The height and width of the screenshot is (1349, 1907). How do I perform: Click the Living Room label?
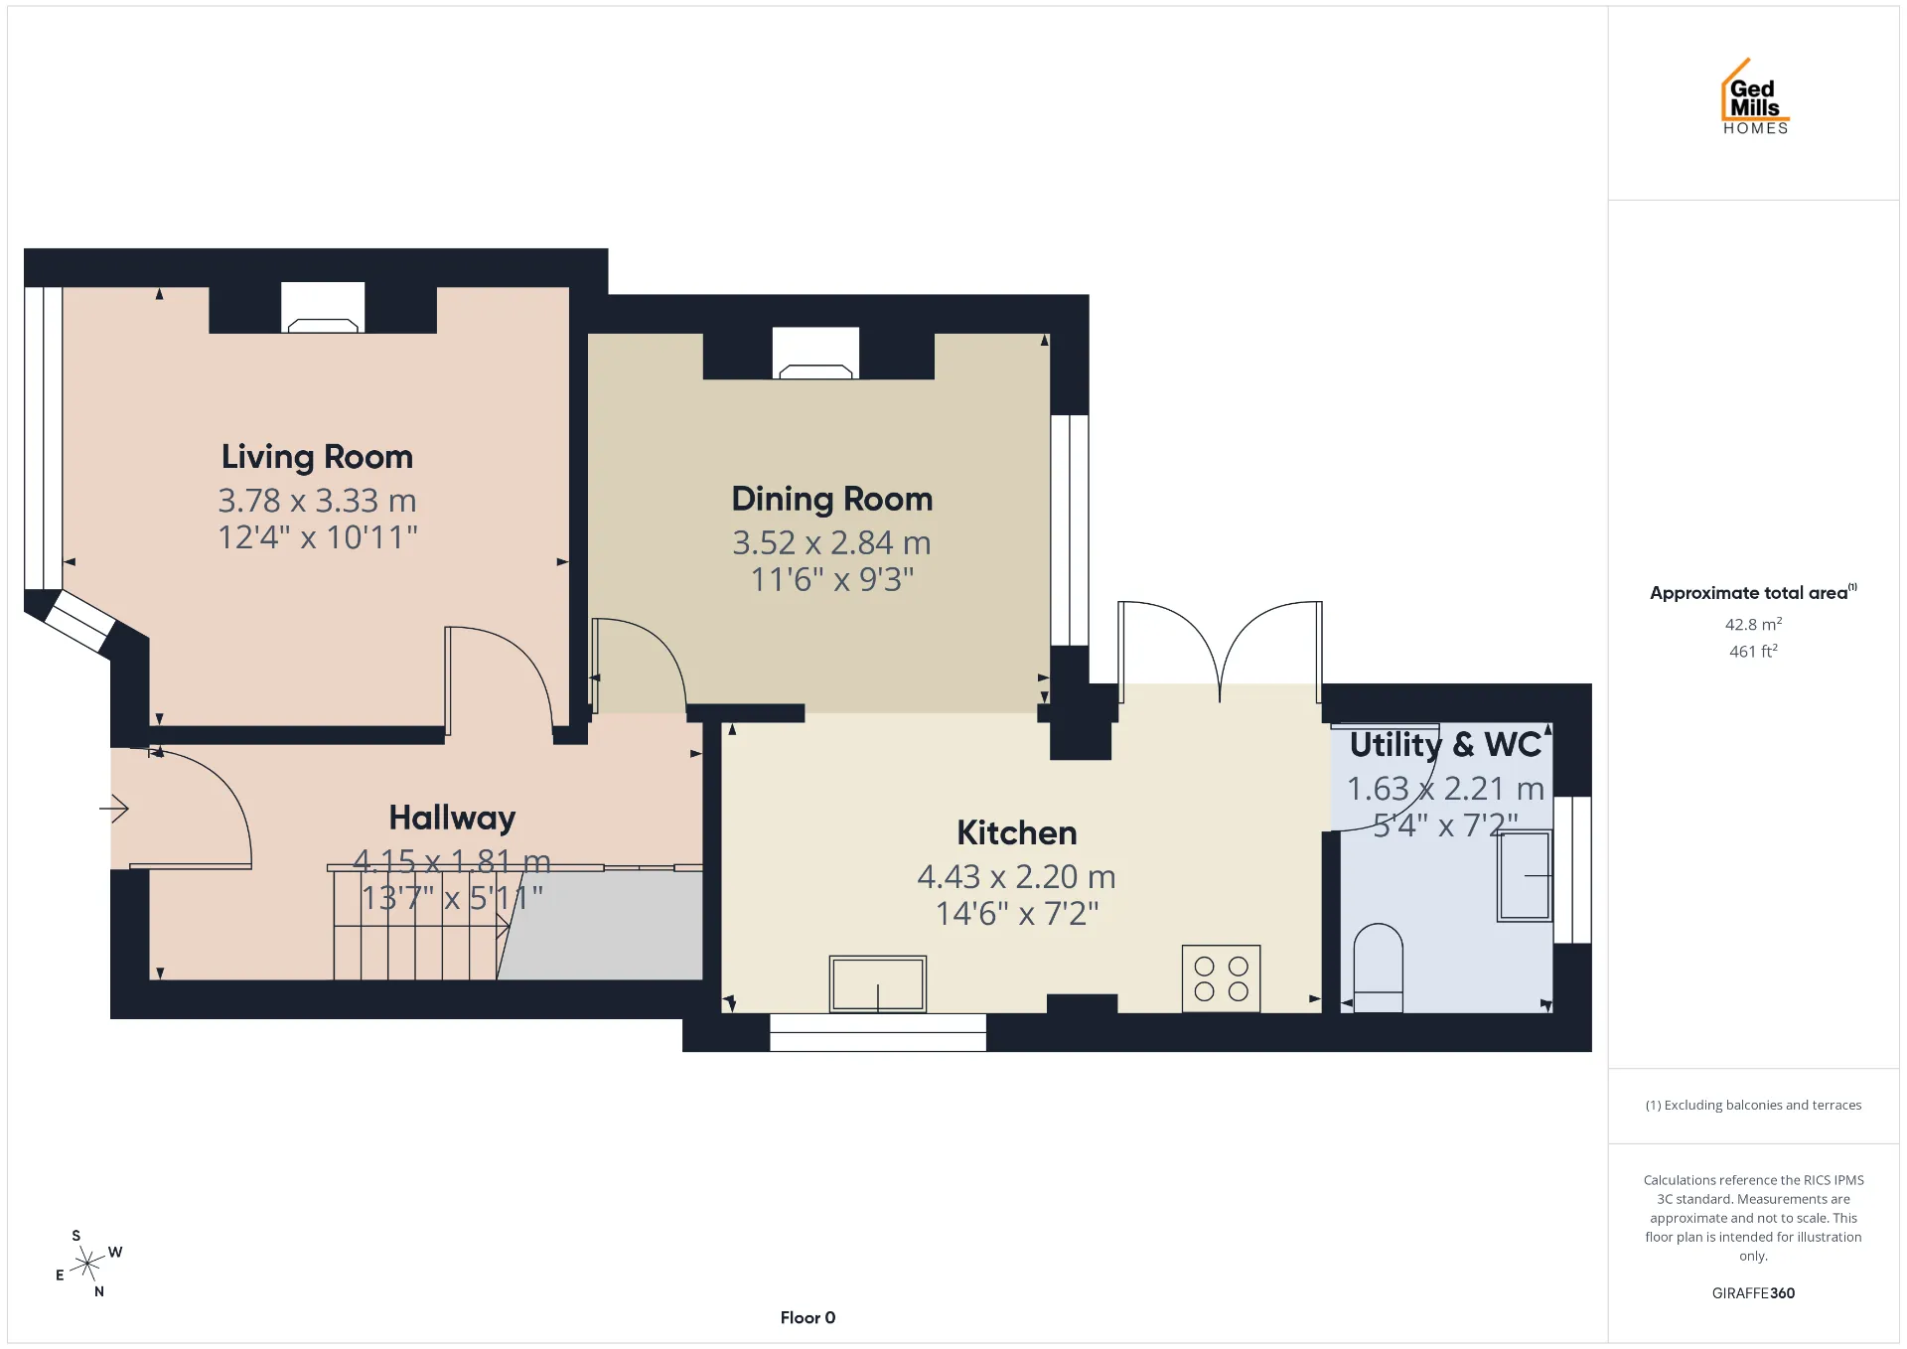pyautogui.click(x=317, y=457)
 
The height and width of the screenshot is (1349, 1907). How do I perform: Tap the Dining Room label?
pyautogui.click(x=832, y=499)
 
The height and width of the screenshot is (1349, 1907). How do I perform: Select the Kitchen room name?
pyautogui.click(x=1017, y=832)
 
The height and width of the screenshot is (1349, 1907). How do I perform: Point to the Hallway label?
pyautogui.click(x=452, y=818)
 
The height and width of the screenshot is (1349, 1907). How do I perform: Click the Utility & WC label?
pyautogui.click(x=1445, y=744)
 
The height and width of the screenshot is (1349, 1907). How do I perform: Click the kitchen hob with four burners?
pyautogui.click(x=1221, y=978)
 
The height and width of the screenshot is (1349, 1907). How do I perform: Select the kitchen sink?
pyautogui.click(x=878, y=983)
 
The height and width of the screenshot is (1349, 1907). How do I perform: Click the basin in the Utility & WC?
pyautogui.click(x=1525, y=875)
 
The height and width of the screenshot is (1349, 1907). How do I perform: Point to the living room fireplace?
pyautogui.click(x=323, y=309)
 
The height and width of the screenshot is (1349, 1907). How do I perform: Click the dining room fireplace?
pyautogui.click(x=815, y=354)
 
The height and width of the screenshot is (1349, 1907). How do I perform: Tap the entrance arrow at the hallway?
pyautogui.click(x=114, y=809)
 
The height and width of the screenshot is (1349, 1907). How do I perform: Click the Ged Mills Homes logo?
pyautogui.click(x=1755, y=96)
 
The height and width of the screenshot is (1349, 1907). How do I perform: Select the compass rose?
pyautogui.click(x=88, y=1264)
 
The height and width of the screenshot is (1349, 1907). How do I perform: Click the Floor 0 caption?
pyautogui.click(x=807, y=1317)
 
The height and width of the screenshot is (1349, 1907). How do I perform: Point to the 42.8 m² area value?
pyautogui.click(x=1753, y=624)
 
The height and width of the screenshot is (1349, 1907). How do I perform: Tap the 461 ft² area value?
pyautogui.click(x=1753, y=651)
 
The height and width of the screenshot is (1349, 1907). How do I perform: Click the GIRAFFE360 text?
pyautogui.click(x=1753, y=1292)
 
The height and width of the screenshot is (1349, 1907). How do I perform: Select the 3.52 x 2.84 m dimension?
pyautogui.click(x=831, y=542)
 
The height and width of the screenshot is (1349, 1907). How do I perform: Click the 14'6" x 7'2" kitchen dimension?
pyautogui.click(x=1017, y=913)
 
